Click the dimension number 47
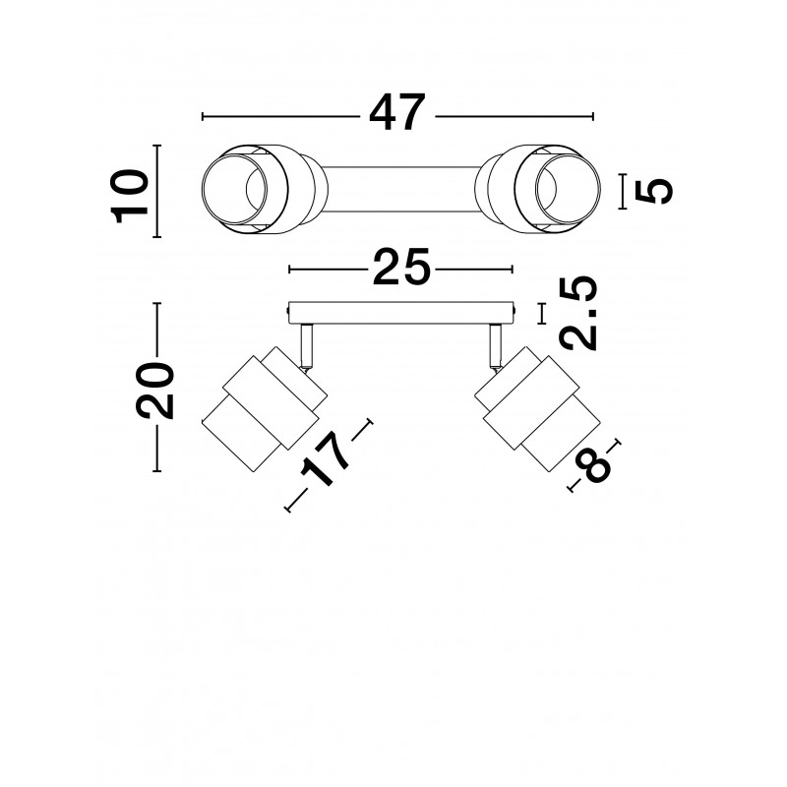pos(397,112)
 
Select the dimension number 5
pos(653,191)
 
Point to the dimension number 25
pos(401,267)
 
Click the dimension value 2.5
pos(579,313)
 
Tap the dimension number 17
pos(325,460)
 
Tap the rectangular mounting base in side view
pos(401,313)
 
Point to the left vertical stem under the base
pos(307,345)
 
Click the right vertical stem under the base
pos(496,345)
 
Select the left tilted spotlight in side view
pos(265,408)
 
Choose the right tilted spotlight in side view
pos(537,408)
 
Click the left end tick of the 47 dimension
pos(203,116)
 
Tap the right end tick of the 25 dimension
pos(513,270)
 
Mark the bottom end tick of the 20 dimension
pos(157,471)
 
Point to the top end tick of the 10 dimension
pos(157,146)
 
